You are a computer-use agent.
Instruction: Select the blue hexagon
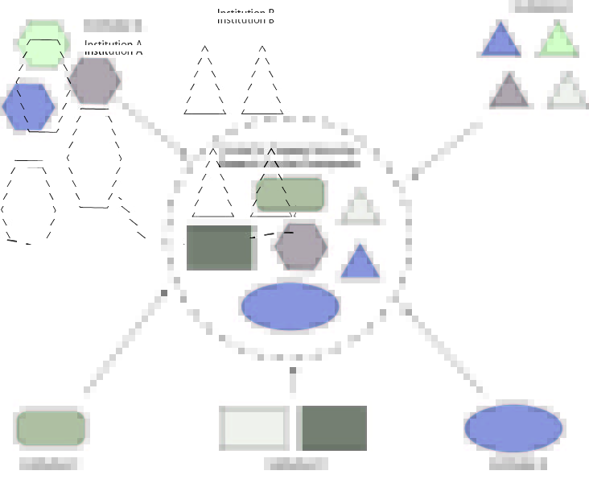tap(29, 106)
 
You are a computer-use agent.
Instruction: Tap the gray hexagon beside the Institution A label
tap(95, 81)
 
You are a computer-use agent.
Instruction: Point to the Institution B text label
tap(245, 17)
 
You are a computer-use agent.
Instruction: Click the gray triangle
tap(509, 91)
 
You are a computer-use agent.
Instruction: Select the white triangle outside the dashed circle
tap(566, 91)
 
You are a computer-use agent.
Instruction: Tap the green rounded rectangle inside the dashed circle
tap(290, 194)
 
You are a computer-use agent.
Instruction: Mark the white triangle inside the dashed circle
tap(360, 209)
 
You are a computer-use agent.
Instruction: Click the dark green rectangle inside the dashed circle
tap(220, 248)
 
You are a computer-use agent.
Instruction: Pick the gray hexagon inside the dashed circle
tap(301, 246)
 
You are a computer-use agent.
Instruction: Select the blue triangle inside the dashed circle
tap(360, 263)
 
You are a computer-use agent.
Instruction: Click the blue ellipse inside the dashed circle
tap(290, 306)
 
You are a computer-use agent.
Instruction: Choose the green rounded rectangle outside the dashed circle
tap(51, 428)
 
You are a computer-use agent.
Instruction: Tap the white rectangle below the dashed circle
tap(254, 428)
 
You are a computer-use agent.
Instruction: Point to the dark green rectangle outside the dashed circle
tap(335, 428)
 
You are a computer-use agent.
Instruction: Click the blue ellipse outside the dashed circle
tap(513, 428)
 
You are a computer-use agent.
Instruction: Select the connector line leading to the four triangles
tap(447, 149)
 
